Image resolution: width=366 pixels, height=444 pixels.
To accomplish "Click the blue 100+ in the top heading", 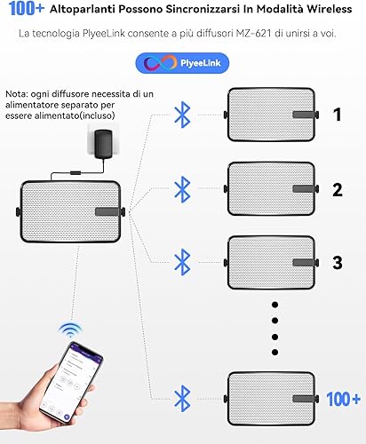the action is click(x=27, y=9).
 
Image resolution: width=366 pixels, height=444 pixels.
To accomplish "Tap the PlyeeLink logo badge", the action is click(x=182, y=63).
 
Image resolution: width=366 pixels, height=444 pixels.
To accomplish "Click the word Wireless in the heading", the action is click(x=329, y=9).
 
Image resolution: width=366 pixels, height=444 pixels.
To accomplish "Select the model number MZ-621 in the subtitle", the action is click(x=253, y=33).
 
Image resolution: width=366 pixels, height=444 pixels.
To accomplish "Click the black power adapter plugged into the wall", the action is click(x=103, y=144).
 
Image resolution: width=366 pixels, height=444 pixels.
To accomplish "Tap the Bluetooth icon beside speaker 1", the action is click(x=182, y=115).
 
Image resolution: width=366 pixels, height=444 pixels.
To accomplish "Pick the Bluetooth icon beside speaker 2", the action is click(x=182, y=189).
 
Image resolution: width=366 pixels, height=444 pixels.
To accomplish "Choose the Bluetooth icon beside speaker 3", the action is click(x=182, y=262).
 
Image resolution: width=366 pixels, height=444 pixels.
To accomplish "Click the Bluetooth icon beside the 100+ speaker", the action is click(x=182, y=399).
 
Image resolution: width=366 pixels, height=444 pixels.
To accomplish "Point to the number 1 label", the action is click(x=338, y=115).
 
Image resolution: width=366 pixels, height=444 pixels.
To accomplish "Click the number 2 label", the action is click(x=338, y=190).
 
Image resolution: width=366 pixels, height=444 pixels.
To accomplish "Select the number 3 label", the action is click(x=338, y=263).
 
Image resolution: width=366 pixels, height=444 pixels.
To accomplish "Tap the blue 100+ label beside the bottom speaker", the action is click(x=344, y=399).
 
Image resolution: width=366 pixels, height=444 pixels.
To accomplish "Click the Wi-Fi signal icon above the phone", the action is click(x=70, y=330).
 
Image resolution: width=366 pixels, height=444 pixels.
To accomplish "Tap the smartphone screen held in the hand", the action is click(x=71, y=382).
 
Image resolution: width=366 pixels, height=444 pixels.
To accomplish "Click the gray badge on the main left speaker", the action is click(x=107, y=211).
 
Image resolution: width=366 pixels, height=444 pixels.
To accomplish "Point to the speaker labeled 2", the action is click(x=271, y=189).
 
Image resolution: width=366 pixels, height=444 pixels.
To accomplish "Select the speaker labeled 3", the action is click(x=271, y=263).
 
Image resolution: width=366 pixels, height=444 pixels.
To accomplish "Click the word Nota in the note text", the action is click(x=16, y=94).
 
